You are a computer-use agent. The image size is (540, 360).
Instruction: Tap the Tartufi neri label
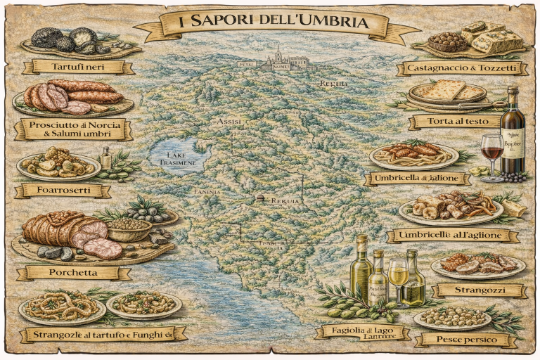coord(78,67)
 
